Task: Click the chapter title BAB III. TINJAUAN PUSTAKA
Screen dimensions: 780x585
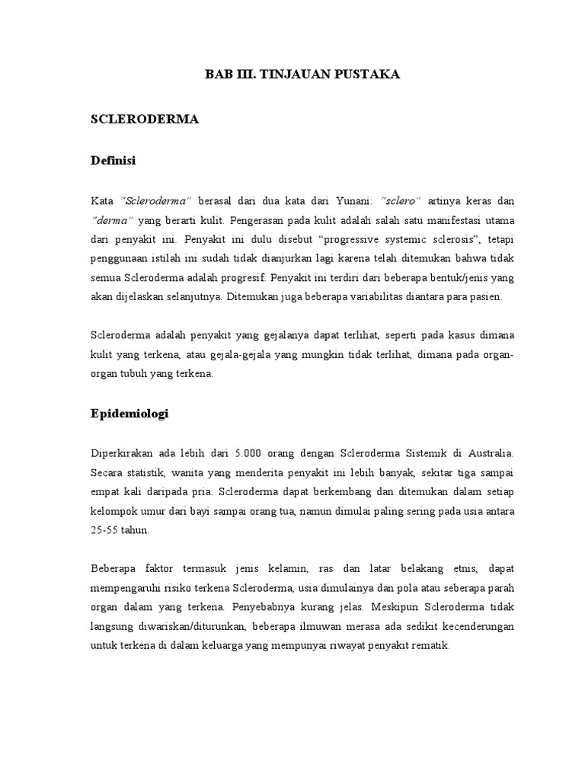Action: (302, 75)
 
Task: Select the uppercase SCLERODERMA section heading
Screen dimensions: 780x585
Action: (145, 120)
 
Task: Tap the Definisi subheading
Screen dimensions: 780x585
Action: (113, 161)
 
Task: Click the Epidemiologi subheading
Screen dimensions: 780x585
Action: (129, 414)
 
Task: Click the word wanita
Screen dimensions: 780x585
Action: (167, 473)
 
